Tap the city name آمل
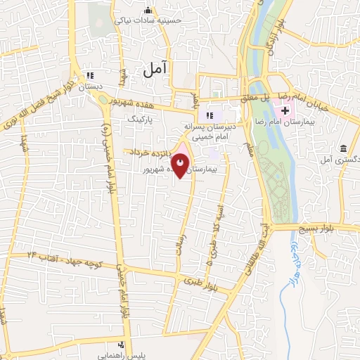[x=155, y=68]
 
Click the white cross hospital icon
[x=285, y=110]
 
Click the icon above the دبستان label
[x=89, y=76]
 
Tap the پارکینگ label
[x=139, y=120]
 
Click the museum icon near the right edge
[x=343, y=149]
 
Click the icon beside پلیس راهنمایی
[x=122, y=345]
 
